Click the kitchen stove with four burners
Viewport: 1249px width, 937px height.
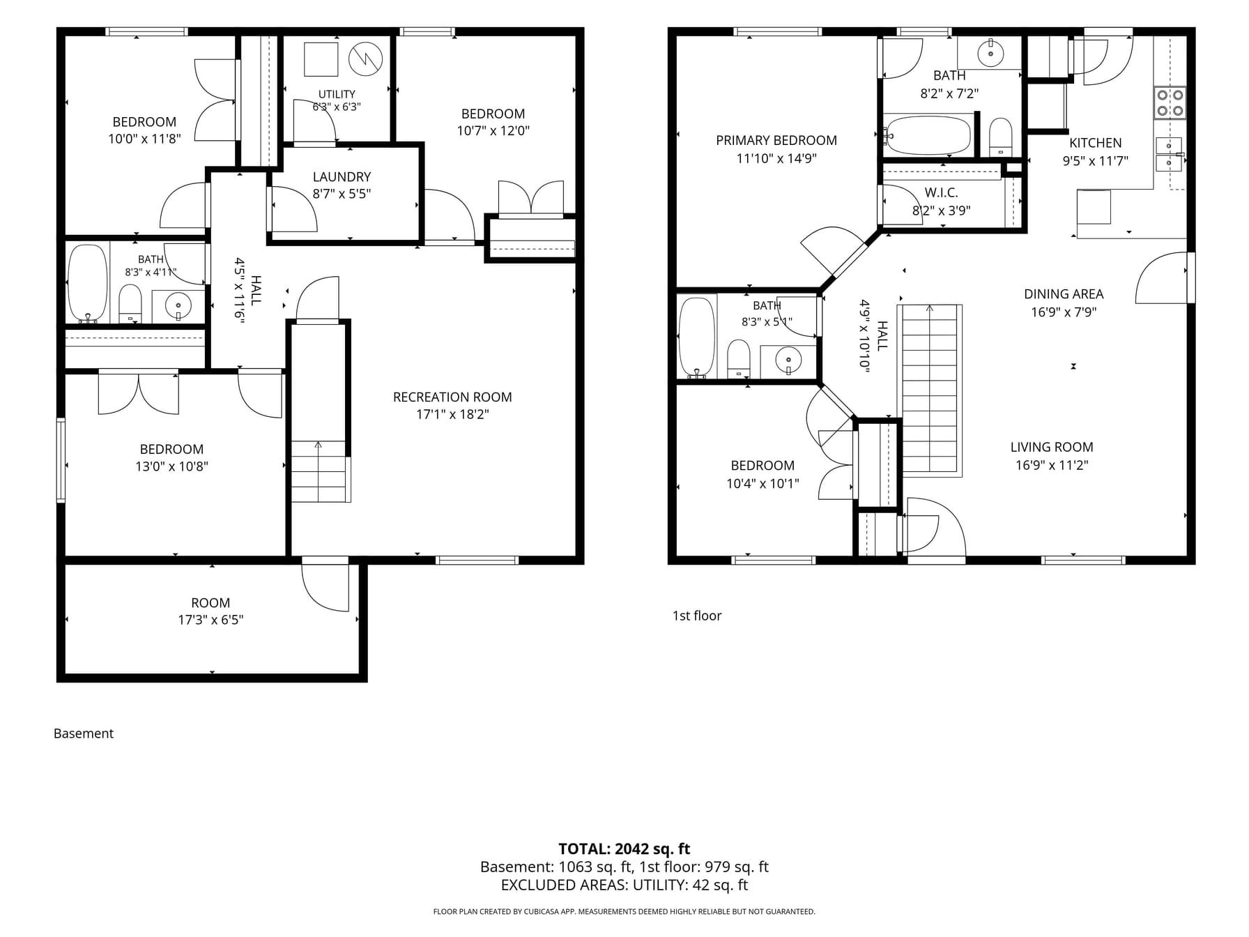1170,103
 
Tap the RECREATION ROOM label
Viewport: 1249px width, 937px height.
452,397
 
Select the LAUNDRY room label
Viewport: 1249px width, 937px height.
342,177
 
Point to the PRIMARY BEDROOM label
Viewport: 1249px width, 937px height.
776,140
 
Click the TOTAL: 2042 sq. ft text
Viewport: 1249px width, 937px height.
624,848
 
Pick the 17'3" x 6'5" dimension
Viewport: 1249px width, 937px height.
210,620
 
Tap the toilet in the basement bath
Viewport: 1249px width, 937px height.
130,304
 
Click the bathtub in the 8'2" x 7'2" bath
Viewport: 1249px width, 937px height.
928,135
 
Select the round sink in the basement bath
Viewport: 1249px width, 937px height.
179,306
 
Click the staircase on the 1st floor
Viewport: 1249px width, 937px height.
930,390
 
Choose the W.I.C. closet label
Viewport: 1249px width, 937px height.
942,192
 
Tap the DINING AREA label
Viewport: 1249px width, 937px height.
1064,294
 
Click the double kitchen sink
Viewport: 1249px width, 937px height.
1169,154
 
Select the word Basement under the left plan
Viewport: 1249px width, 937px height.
84,733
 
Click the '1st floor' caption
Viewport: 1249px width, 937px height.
697,616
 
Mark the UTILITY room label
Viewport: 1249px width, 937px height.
337,94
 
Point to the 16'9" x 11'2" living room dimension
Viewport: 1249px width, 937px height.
1052,465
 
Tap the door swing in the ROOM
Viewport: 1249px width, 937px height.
325,587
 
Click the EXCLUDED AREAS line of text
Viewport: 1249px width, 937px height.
624,885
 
